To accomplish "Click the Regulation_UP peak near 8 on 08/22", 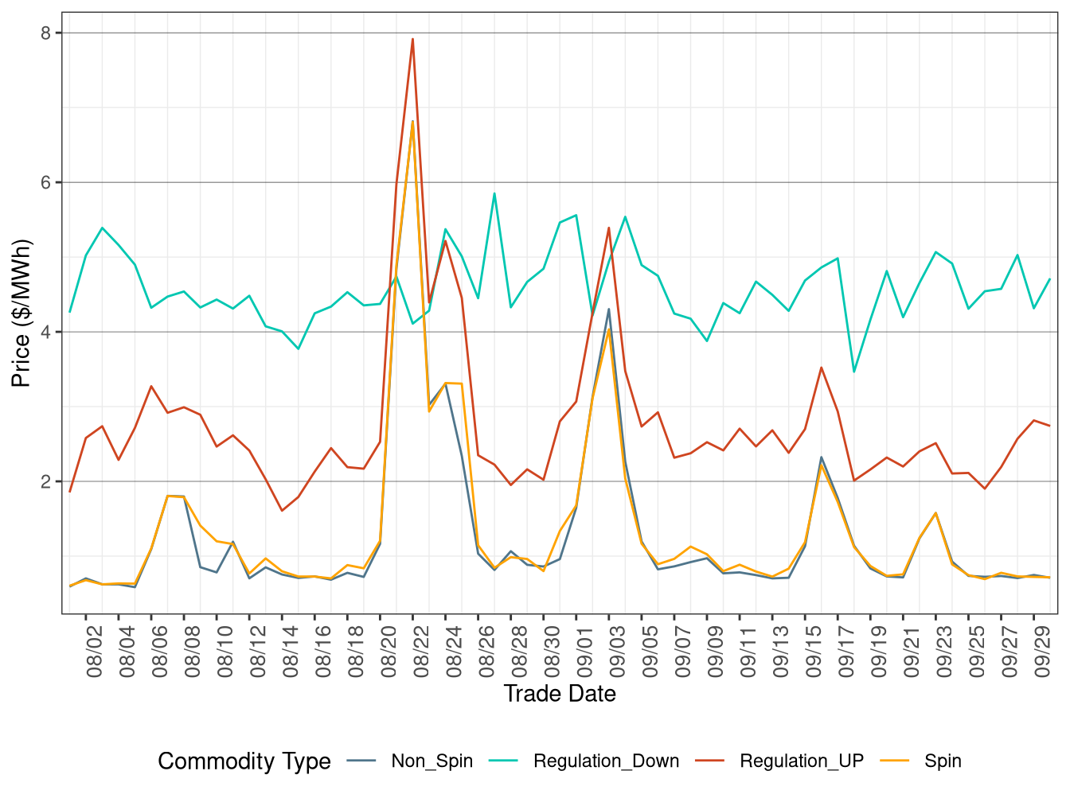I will pos(412,39).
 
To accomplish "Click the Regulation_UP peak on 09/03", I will pos(608,228).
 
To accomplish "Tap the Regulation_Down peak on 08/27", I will pos(494,193).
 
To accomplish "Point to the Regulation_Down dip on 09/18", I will pos(853,372).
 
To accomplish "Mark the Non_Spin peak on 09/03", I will pos(608,310).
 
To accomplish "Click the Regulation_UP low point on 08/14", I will pos(282,511).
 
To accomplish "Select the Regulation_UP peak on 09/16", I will pos(821,368).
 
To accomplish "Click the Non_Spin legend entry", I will pos(432,761).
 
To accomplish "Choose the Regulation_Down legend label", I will pos(606,761).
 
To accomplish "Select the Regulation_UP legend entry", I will pos(801,761).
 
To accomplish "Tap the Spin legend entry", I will pos(943,761).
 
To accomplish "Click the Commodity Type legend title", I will pos(244,761).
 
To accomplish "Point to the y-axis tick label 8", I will pos(45,33).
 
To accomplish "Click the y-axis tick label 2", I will pos(45,481).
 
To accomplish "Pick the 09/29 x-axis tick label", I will pos(1043,651).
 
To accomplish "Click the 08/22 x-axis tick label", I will pos(422,651).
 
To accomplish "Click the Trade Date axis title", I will pos(560,694).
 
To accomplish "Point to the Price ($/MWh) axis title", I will pos(21,313).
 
